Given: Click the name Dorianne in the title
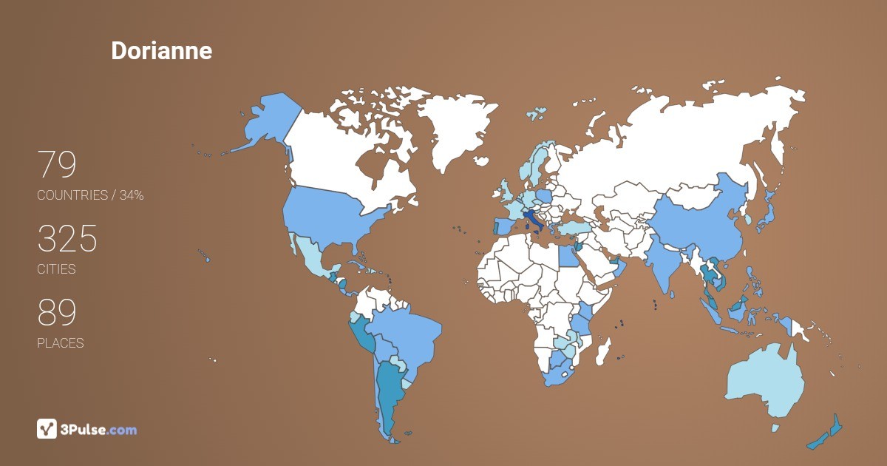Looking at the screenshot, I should tap(161, 50).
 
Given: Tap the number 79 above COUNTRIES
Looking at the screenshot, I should tap(57, 165).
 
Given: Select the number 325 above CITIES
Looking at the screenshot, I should tap(67, 239).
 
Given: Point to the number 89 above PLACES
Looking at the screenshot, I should tap(57, 313).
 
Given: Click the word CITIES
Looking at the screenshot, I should tap(56, 269).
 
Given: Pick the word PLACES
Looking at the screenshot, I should tap(60, 343).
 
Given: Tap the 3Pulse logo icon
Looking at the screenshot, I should tap(47, 429).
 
